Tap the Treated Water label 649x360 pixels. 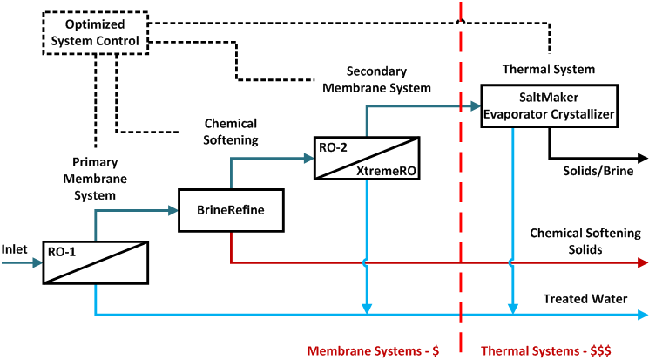click(x=585, y=299)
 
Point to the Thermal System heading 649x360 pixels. click(x=549, y=69)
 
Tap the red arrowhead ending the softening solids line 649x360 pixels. click(x=642, y=262)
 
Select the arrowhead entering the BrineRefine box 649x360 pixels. click(x=172, y=210)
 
